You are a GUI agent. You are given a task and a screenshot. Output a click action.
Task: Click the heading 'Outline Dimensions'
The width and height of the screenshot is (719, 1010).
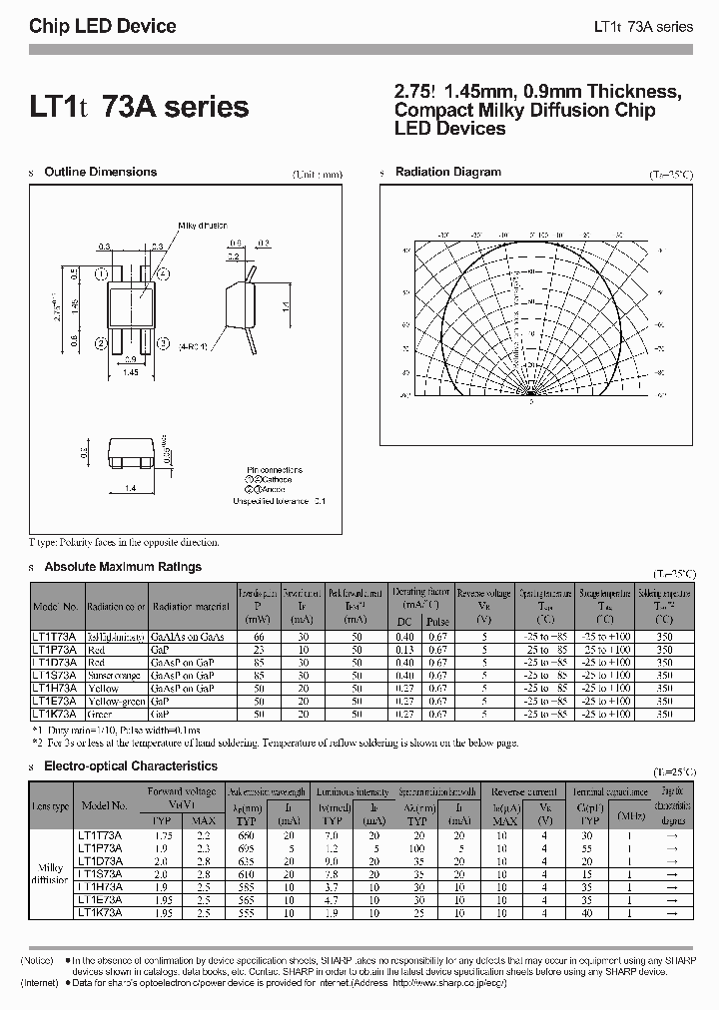coord(100,173)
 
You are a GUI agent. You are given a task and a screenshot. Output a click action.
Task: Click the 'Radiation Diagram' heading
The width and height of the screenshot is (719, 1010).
coord(447,173)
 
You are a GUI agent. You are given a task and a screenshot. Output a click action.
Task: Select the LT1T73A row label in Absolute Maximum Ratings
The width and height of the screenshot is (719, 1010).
coord(56,637)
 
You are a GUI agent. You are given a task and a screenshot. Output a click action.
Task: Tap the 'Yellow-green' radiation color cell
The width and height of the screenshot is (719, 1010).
coord(116,702)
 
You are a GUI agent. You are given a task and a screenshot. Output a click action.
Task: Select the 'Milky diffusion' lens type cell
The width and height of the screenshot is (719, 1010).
coord(50,874)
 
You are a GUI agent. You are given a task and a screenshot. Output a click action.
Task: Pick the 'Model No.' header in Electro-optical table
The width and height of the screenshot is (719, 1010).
coord(104,805)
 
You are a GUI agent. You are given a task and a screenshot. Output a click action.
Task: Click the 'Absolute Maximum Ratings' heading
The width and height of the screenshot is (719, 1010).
coord(123,567)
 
